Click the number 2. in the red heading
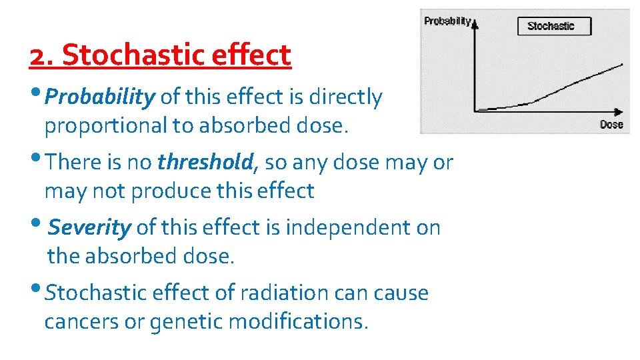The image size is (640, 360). coord(42,56)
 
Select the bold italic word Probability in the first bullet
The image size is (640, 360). coord(101,97)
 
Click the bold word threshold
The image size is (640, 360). coord(205,162)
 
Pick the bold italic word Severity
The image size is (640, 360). coord(90,227)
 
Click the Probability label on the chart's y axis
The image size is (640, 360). coord(447,21)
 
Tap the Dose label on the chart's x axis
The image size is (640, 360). coord(611,125)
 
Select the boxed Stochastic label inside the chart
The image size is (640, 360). coord(550,26)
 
